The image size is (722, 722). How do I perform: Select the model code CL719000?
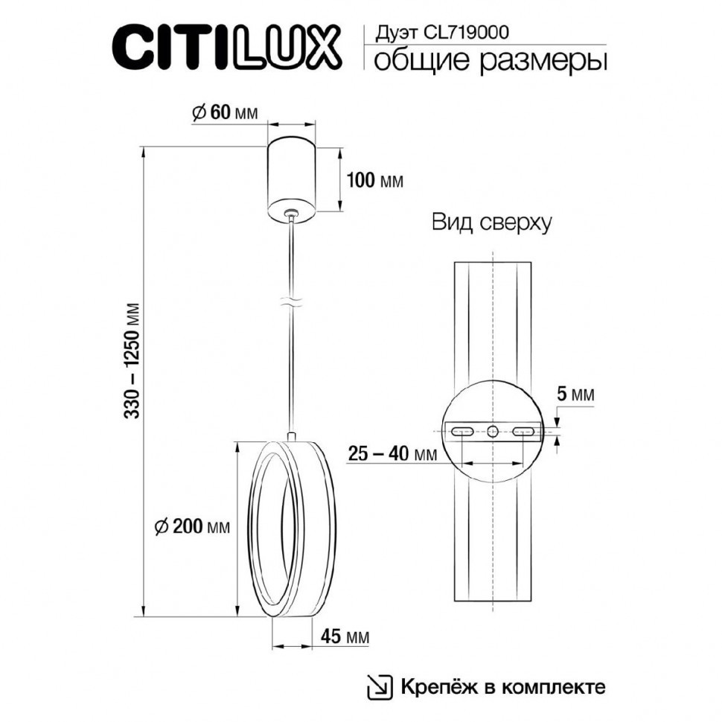[467, 32]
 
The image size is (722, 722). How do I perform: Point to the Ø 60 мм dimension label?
[224, 112]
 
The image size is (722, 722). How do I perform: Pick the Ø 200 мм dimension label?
[192, 526]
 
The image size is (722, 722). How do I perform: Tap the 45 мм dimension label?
[345, 636]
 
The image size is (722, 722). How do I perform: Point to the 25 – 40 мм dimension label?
[392, 453]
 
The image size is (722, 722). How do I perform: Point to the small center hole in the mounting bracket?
[492, 431]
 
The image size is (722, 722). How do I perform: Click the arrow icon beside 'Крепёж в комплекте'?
[380, 686]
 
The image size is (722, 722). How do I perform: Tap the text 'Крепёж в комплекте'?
[503, 686]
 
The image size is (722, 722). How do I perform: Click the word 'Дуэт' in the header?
[389, 32]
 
